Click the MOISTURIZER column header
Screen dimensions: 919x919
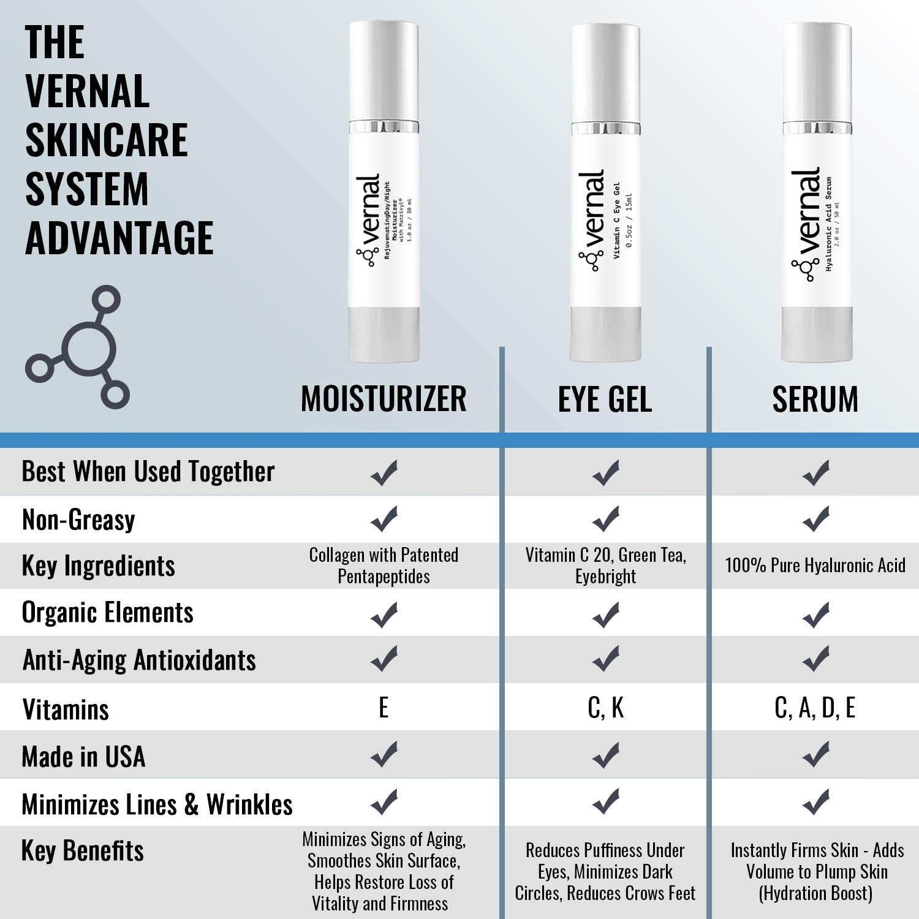click(x=384, y=399)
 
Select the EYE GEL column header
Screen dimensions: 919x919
click(x=605, y=399)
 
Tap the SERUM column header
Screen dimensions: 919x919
click(x=815, y=399)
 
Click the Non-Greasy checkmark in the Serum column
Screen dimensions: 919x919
click(x=815, y=519)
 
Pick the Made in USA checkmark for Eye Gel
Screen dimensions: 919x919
click(x=606, y=755)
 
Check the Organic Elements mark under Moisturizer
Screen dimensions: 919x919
click(x=384, y=615)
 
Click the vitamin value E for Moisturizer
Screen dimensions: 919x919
click(x=384, y=708)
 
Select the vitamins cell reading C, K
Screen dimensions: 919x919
click(x=605, y=708)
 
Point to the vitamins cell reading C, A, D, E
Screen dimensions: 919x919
click(x=815, y=708)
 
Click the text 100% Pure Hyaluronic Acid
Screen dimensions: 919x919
click(x=815, y=565)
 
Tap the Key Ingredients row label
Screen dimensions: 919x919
click(x=98, y=565)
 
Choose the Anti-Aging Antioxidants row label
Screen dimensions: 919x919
click(x=139, y=660)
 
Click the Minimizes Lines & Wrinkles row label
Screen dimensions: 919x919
click(x=157, y=804)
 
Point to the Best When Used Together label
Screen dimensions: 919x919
click(x=148, y=472)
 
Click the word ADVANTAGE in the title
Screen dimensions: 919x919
click(x=119, y=238)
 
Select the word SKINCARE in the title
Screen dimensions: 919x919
click(x=106, y=140)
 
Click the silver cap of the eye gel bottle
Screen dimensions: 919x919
click(x=606, y=74)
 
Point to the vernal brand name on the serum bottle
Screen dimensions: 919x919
click(x=805, y=211)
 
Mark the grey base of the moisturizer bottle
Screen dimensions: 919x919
click(x=384, y=334)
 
